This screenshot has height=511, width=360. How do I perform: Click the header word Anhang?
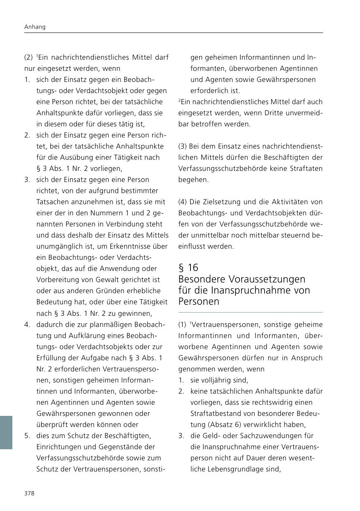tap(34, 27)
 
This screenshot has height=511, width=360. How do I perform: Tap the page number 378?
tap(29, 493)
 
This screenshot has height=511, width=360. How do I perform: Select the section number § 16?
tap(188, 268)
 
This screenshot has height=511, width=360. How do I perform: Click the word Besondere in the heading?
tap(200, 279)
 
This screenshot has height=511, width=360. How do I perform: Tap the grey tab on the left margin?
tap(6, 432)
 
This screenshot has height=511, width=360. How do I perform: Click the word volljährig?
tap(219, 380)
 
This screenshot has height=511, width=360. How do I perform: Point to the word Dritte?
tap(262, 113)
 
